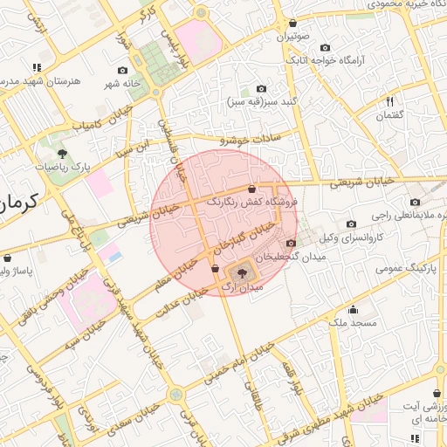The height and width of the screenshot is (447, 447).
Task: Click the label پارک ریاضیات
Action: (x=63, y=166)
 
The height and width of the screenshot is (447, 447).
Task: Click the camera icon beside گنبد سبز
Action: (x=261, y=89)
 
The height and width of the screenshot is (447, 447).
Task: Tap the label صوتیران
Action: (x=293, y=38)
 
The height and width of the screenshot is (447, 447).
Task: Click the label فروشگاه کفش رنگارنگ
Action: (x=252, y=201)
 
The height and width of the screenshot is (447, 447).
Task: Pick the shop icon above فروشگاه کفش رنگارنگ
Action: (x=251, y=189)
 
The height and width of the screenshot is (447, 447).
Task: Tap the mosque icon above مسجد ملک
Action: (x=353, y=309)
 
